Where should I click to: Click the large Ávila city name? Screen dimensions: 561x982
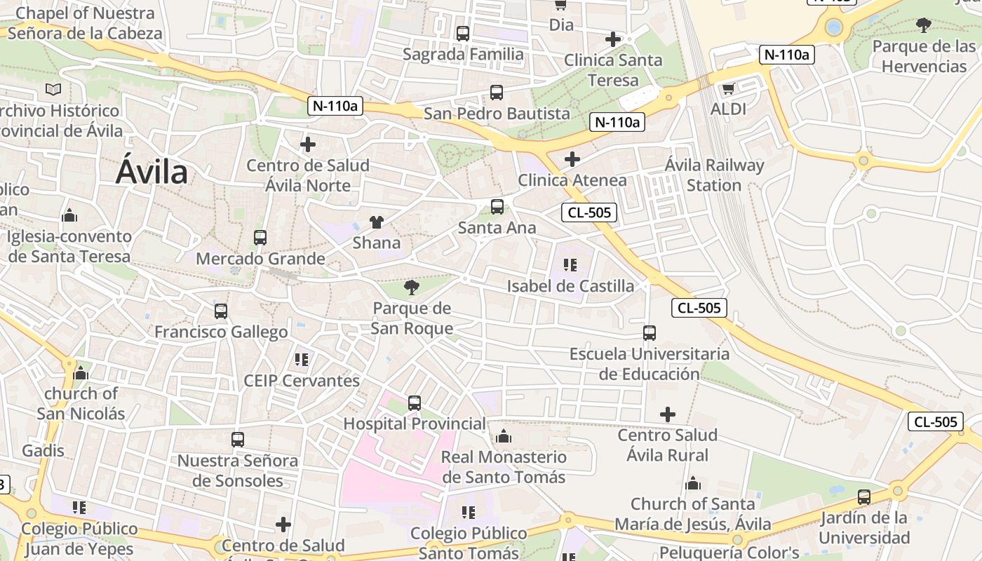[x=152, y=172]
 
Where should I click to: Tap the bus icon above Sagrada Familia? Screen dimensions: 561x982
[x=462, y=33]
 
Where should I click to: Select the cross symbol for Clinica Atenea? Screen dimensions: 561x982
[x=572, y=159]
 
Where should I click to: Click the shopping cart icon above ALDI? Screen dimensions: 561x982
[x=728, y=88]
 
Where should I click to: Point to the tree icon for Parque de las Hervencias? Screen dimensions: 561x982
[x=924, y=25]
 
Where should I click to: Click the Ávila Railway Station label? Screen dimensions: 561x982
[x=714, y=175]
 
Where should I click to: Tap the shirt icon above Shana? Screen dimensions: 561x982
[x=377, y=222]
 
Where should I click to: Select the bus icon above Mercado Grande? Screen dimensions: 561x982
[x=260, y=238]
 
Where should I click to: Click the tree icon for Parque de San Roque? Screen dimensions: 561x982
[x=412, y=287]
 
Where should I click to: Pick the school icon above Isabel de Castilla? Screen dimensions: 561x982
[x=570, y=264]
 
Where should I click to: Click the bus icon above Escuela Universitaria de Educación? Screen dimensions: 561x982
[x=650, y=333]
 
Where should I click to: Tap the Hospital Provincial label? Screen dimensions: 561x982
[x=414, y=424]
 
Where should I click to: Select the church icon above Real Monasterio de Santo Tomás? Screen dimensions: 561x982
[x=503, y=437]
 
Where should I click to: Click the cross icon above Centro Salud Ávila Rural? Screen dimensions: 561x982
[x=668, y=414]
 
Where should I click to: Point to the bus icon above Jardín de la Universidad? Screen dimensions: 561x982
[x=864, y=497]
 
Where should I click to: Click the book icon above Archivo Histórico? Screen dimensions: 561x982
[x=53, y=89]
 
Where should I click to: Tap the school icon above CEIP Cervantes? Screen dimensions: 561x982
[x=302, y=360]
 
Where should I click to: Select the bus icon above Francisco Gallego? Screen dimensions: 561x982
[x=221, y=311]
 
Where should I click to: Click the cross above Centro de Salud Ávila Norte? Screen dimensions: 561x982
[x=307, y=144]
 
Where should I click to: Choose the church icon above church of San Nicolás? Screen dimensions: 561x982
[x=81, y=373]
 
